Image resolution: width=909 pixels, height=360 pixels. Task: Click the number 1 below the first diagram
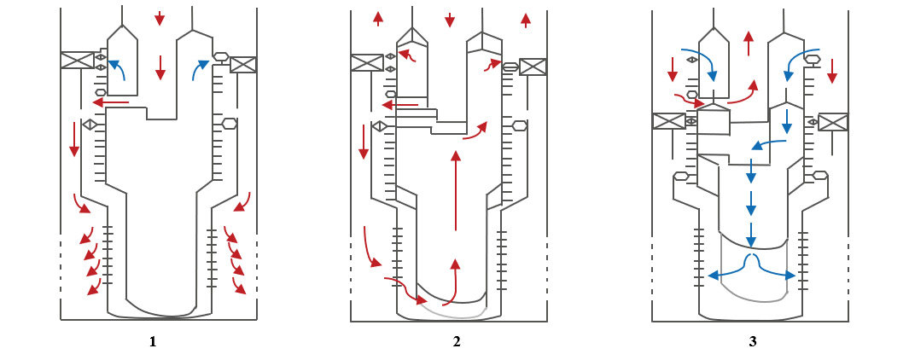tap(153, 342)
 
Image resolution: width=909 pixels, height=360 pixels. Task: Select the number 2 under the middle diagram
tap(457, 342)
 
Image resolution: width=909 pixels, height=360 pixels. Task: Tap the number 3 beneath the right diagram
tap(752, 342)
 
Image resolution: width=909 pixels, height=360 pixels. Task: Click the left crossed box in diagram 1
tap(77, 61)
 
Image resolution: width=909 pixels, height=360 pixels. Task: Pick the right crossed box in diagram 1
tap(243, 65)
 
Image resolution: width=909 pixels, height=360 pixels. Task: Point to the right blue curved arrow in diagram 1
tap(199, 72)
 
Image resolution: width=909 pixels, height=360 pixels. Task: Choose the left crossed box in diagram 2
tap(367, 63)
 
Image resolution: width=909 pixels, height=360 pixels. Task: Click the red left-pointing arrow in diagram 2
tap(399, 106)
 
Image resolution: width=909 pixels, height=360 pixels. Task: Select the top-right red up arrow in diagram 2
tap(525, 20)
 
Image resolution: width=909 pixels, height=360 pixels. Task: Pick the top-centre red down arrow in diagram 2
tap(450, 19)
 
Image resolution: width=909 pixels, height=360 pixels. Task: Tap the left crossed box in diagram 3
tap(669, 121)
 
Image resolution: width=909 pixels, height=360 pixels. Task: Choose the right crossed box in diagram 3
tap(833, 122)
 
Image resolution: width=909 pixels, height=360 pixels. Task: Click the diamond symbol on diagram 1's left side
tap(88, 125)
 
